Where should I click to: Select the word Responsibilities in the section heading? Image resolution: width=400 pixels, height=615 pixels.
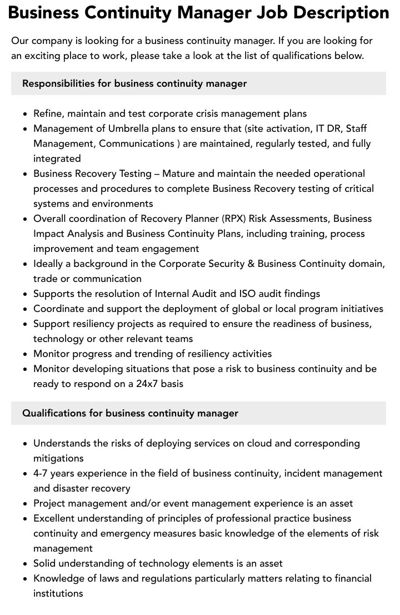(x=58, y=83)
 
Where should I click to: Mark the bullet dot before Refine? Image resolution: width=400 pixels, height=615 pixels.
(x=26, y=114)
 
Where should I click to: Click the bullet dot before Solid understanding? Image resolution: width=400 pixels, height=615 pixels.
(x=26, y=564)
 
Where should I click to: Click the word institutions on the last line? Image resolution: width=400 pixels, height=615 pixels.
(x=58, y=593)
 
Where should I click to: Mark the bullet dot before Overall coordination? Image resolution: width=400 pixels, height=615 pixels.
(x=26, y=219)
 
